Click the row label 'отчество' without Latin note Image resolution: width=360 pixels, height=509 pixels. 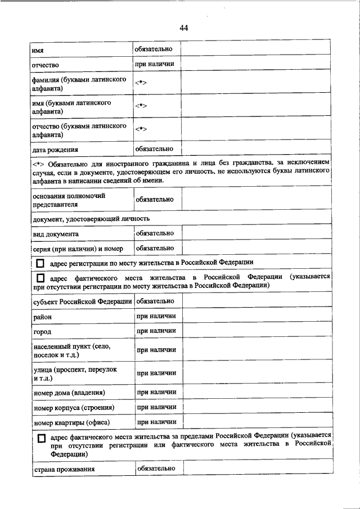click(x=46, y=65)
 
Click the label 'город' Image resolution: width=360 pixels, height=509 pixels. click(x=42, y=332)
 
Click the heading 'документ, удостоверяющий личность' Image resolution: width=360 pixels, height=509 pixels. click(x=91, y=218)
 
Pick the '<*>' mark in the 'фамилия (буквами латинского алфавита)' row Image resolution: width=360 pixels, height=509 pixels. click(x=141, y=84)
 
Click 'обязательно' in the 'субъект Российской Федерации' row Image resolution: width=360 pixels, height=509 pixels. click(x=155, y=301)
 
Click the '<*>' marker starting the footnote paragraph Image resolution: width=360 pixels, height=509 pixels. click(x=38, y=163)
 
